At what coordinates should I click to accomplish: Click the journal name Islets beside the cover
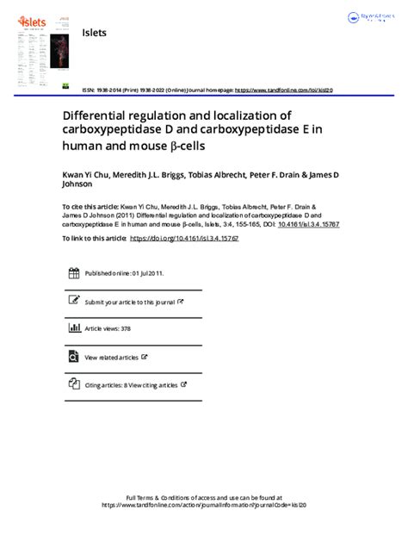(94, 32)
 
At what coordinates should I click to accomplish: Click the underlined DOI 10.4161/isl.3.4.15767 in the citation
(271, 222)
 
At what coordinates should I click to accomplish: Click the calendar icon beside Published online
(74, 273)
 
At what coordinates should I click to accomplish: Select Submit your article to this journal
(129, 302)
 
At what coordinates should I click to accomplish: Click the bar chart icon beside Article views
(74, 328)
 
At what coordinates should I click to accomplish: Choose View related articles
(111, 357)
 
